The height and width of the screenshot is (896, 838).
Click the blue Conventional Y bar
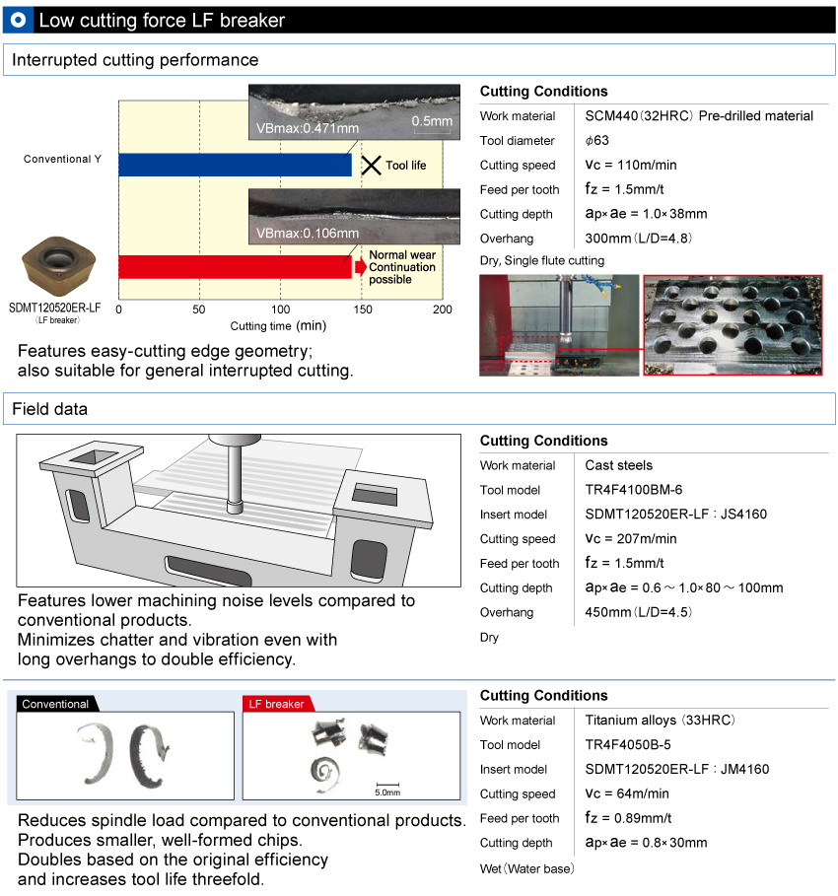[x=235, y=165]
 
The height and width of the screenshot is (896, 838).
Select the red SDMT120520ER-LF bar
[x=235, y=267]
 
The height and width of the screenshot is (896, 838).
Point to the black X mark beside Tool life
[x=371, y=166]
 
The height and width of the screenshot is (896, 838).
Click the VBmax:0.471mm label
[x=308, y=128]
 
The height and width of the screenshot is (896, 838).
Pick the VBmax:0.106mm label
[x=308, y=234]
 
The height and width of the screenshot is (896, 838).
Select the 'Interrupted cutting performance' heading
[x=135, y=60]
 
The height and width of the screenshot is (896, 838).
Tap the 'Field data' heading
[x=49, y=408]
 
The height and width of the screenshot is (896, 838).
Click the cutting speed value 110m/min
[x=630, y=165]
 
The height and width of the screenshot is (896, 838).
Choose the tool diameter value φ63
[x=597, y=140]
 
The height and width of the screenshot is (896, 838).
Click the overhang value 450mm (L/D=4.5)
[x=638, y=612]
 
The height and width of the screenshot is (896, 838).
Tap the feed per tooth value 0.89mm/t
[x=628, y=818]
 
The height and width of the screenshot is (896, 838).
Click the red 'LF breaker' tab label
[x=276, y=704]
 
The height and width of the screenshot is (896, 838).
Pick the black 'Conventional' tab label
[x=55, y=704]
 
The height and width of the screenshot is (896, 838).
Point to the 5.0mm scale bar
[x=386, y=787]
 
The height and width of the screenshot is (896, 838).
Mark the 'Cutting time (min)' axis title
[x=278, y=326]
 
